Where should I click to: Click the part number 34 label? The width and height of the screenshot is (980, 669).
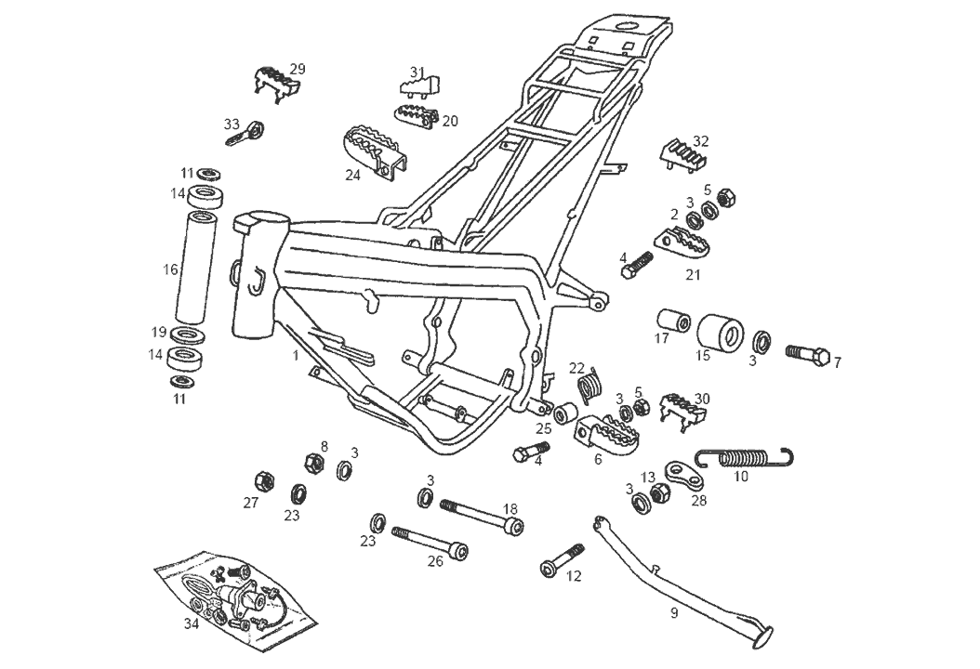(192, 624)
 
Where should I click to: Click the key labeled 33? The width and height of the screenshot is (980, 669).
(245, 134)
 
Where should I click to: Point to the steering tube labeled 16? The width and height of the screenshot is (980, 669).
(196, 268)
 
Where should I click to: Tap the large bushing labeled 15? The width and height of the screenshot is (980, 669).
(722, 335)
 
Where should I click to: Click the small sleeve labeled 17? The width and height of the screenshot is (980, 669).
(674, 323)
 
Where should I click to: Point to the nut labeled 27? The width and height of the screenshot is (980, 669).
(263, 479)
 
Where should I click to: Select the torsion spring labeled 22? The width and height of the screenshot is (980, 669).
(589, 384)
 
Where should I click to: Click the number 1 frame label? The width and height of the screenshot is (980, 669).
(295, 355)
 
